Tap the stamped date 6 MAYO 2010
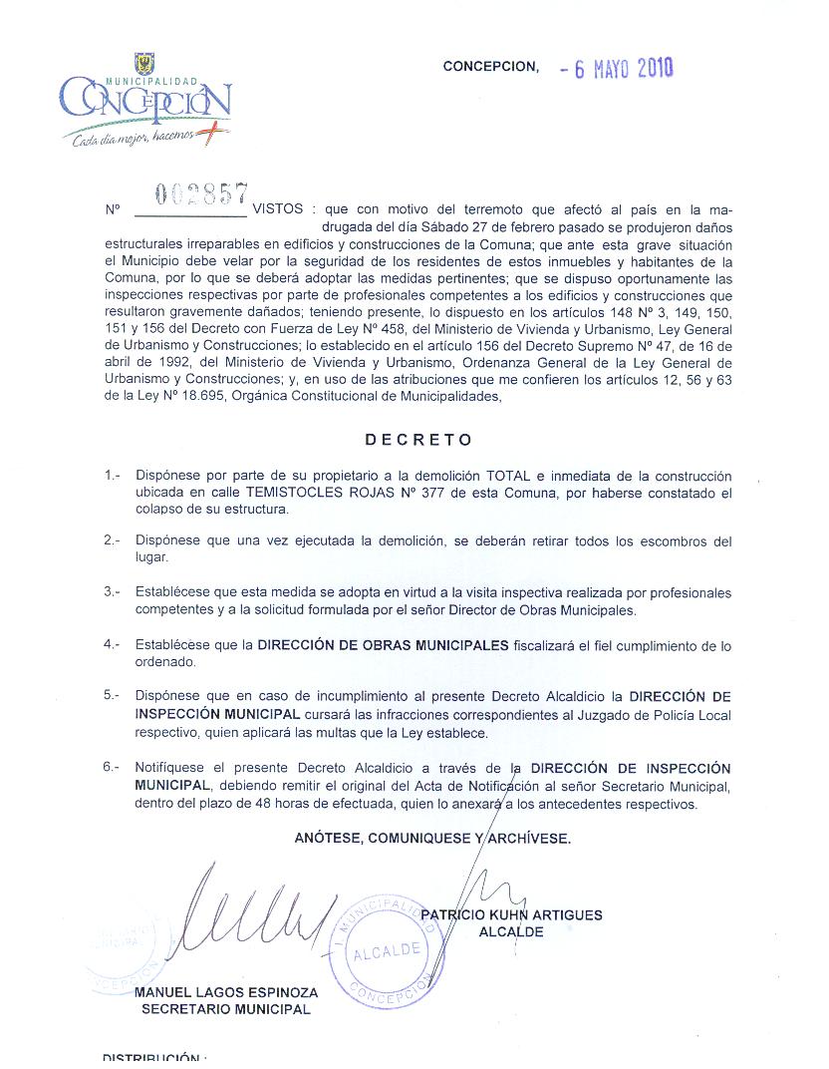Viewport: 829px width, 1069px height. pos(618,69)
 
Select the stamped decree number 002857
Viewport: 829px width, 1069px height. pos(203,195)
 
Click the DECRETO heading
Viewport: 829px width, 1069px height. pos(418,439)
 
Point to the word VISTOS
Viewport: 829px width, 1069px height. pos(281,210)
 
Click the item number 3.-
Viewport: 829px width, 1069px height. pos(112,592)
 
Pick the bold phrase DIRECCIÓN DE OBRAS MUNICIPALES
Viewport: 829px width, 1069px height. pos(384,645)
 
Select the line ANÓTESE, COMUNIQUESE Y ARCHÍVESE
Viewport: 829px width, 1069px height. pos(432,839)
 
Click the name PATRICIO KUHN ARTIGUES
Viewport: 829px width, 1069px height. pos(512,914)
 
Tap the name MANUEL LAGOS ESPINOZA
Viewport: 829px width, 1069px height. pos(226,993)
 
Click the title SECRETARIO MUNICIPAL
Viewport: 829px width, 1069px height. pos(226,1009)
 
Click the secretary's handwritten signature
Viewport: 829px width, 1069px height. pos(259,912)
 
